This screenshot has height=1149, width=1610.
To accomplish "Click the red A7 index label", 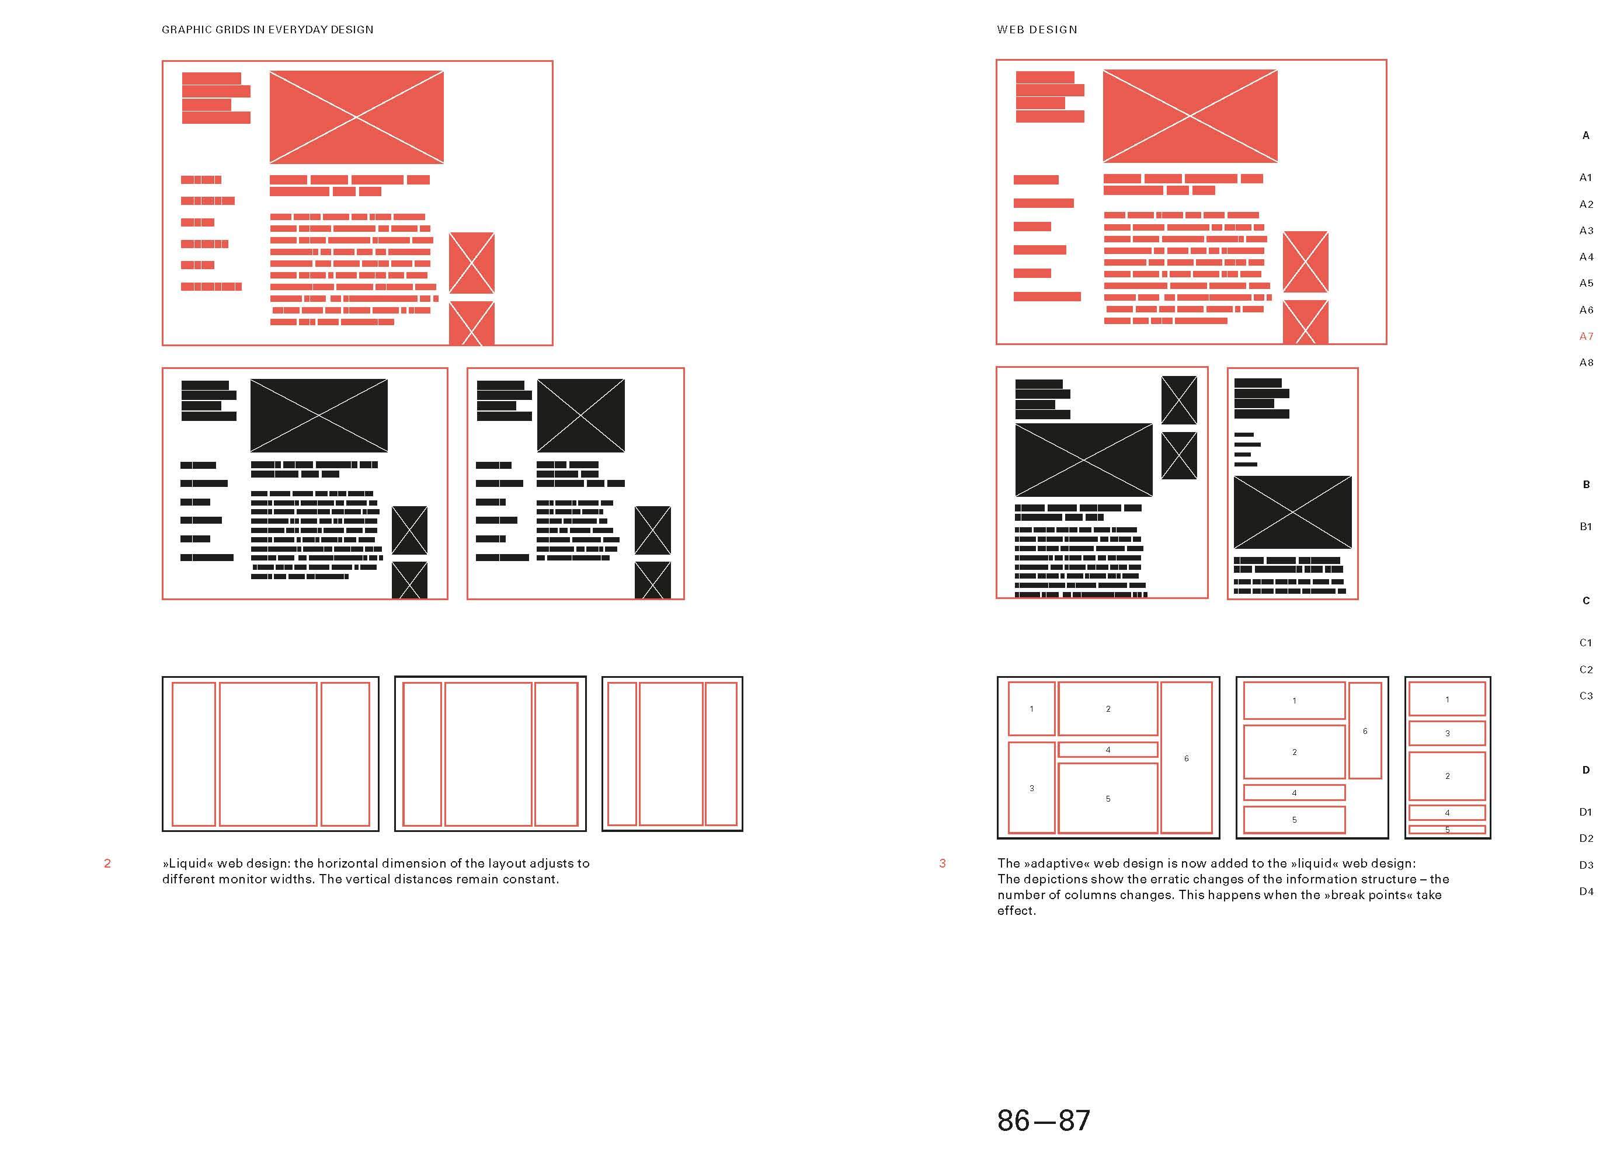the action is click(x=1586, y=337).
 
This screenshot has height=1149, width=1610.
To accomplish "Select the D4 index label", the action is click(x=1586, y=892).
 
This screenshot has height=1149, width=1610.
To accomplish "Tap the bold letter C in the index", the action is click(x=1586, y=601).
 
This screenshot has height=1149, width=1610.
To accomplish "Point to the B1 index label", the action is click(x=1585, y=527).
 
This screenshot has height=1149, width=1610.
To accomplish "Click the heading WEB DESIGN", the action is click(x=1037, y=30).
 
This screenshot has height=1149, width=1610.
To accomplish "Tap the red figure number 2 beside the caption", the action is click(x=107, y=863).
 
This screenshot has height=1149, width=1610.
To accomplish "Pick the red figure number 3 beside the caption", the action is click(x=942, y=863).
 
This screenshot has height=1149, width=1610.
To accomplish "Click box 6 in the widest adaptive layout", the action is click(x=1187, y=758).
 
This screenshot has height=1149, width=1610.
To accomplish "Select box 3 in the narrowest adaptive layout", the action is click(x=1447, y=733).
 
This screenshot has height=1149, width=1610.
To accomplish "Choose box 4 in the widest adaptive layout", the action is click(x=1108, y=749).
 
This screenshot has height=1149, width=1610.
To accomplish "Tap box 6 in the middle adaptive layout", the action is click(x=1365, y=730).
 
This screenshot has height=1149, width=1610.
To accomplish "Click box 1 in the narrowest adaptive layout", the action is click(x=1447, y=699).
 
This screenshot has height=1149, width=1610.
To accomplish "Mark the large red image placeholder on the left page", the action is click(x=357, y=117).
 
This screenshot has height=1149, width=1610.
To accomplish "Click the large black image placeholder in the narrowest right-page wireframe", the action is click(x=1292, y=512).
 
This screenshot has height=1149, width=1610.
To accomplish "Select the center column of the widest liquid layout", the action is click(x=268, y=754).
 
